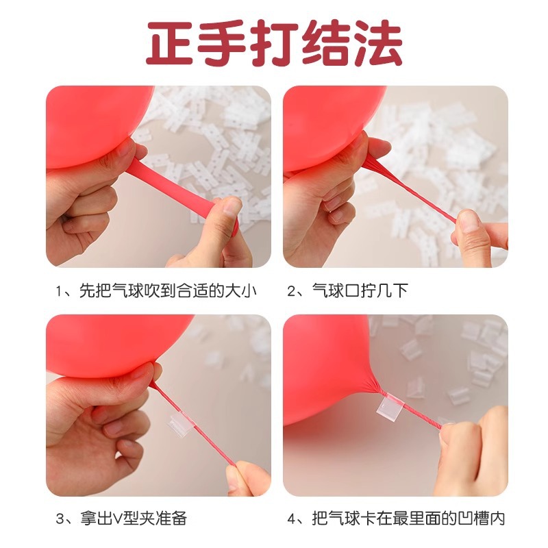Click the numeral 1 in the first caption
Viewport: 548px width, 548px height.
(x=60, y=291)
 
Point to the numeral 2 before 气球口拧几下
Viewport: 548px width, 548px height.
(x=293, y=291)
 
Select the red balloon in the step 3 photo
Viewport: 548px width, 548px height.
(x=103, y=342)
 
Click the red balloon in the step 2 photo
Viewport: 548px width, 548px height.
(x=329, y=123)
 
